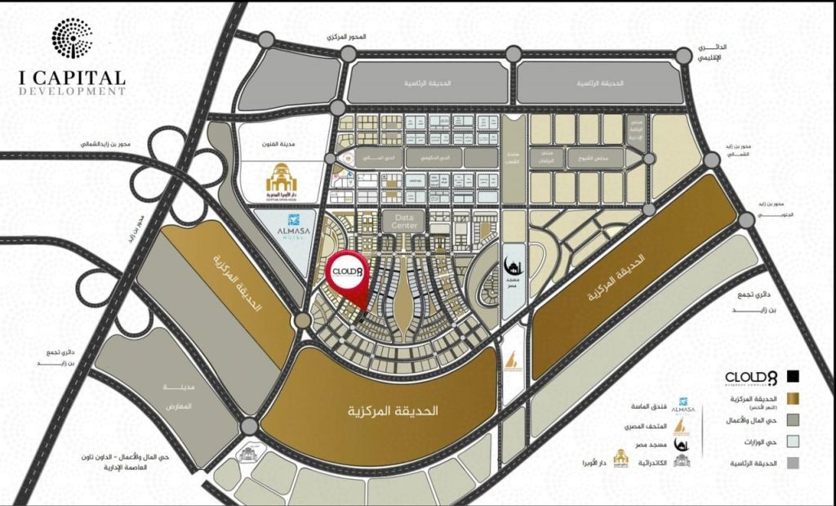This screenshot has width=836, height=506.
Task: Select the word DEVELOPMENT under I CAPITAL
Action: (x=72, y=92)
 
